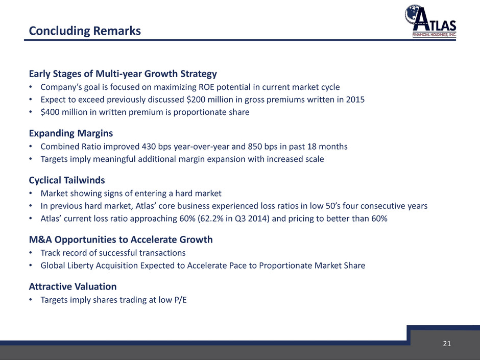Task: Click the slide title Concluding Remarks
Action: tap(85, 31)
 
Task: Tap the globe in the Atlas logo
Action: tap(413, 14)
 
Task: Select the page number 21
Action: tap(447, 344)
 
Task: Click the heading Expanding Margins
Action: tap(70, 133)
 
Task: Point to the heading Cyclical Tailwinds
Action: tap(67, 180)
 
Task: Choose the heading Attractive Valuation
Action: tap(73, 286)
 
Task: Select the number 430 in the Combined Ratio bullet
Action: tap(149, 147)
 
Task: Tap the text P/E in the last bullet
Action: tap(180, 300)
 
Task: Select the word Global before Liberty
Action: tap(53, 266)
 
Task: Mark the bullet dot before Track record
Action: tap(31, 253)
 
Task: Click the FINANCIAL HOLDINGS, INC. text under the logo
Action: tap(435, 35)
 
